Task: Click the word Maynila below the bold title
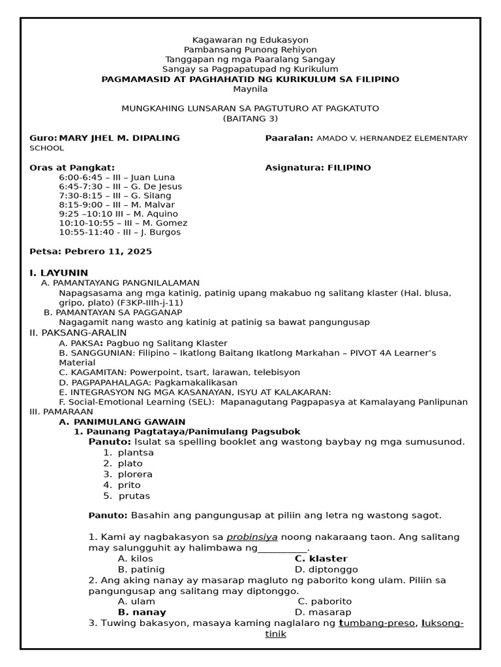[250, 89]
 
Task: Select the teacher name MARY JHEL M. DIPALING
[119, 138]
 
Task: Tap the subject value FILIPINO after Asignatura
[348, 168]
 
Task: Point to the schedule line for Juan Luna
[117, 177]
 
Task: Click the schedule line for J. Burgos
[119, 232]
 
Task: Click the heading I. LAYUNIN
[59, 272]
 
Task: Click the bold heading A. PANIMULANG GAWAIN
[122, 422]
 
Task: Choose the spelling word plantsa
[136, 453]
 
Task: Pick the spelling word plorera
[136, 474]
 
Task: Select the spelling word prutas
[134, 496]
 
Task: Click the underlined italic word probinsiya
[252, 537]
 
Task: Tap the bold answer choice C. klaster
[321, 559]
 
